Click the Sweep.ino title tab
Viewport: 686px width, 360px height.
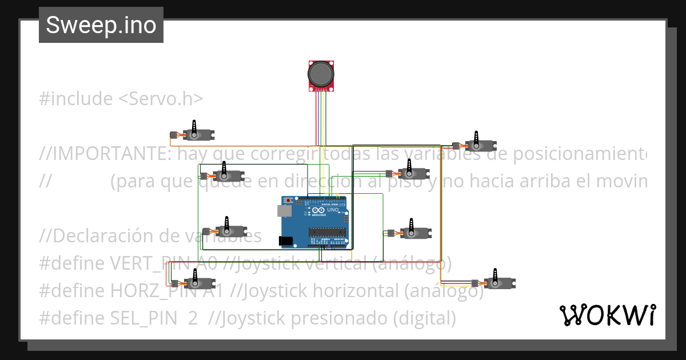(x=101, y=25)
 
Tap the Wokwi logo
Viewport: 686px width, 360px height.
(x=607, y=315)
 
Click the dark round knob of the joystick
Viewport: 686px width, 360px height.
(x=321, y=73)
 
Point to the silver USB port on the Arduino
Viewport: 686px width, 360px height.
(x=284, y=211)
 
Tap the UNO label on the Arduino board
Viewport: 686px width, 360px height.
(x=333, y=210)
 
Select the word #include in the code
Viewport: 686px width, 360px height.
(x=76, y=99)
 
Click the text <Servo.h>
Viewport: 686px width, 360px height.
(x=161, y=99)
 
